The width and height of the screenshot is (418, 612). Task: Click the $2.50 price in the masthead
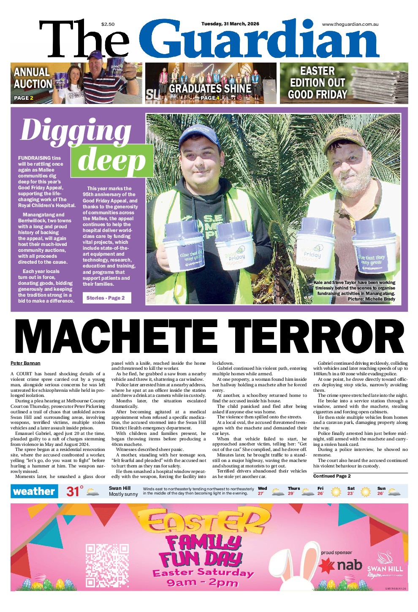[108, 24]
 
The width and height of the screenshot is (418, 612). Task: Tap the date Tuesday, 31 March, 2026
[230, 24]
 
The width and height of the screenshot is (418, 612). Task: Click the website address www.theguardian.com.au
[350, 24]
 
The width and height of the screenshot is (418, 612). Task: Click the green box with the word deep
[112, 161]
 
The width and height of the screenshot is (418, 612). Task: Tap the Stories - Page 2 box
[106, 298]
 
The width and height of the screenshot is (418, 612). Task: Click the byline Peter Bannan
[25, 363]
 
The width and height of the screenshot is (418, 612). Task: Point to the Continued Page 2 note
[332, 476]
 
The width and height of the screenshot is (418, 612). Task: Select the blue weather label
[34, 491]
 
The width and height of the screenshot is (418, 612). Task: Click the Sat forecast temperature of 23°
[350, 493]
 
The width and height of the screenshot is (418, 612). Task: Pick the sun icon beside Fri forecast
[336, 492]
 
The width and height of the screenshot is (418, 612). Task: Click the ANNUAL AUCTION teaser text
[32, 78]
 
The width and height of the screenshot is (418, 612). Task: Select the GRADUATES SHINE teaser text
[210, 89]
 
